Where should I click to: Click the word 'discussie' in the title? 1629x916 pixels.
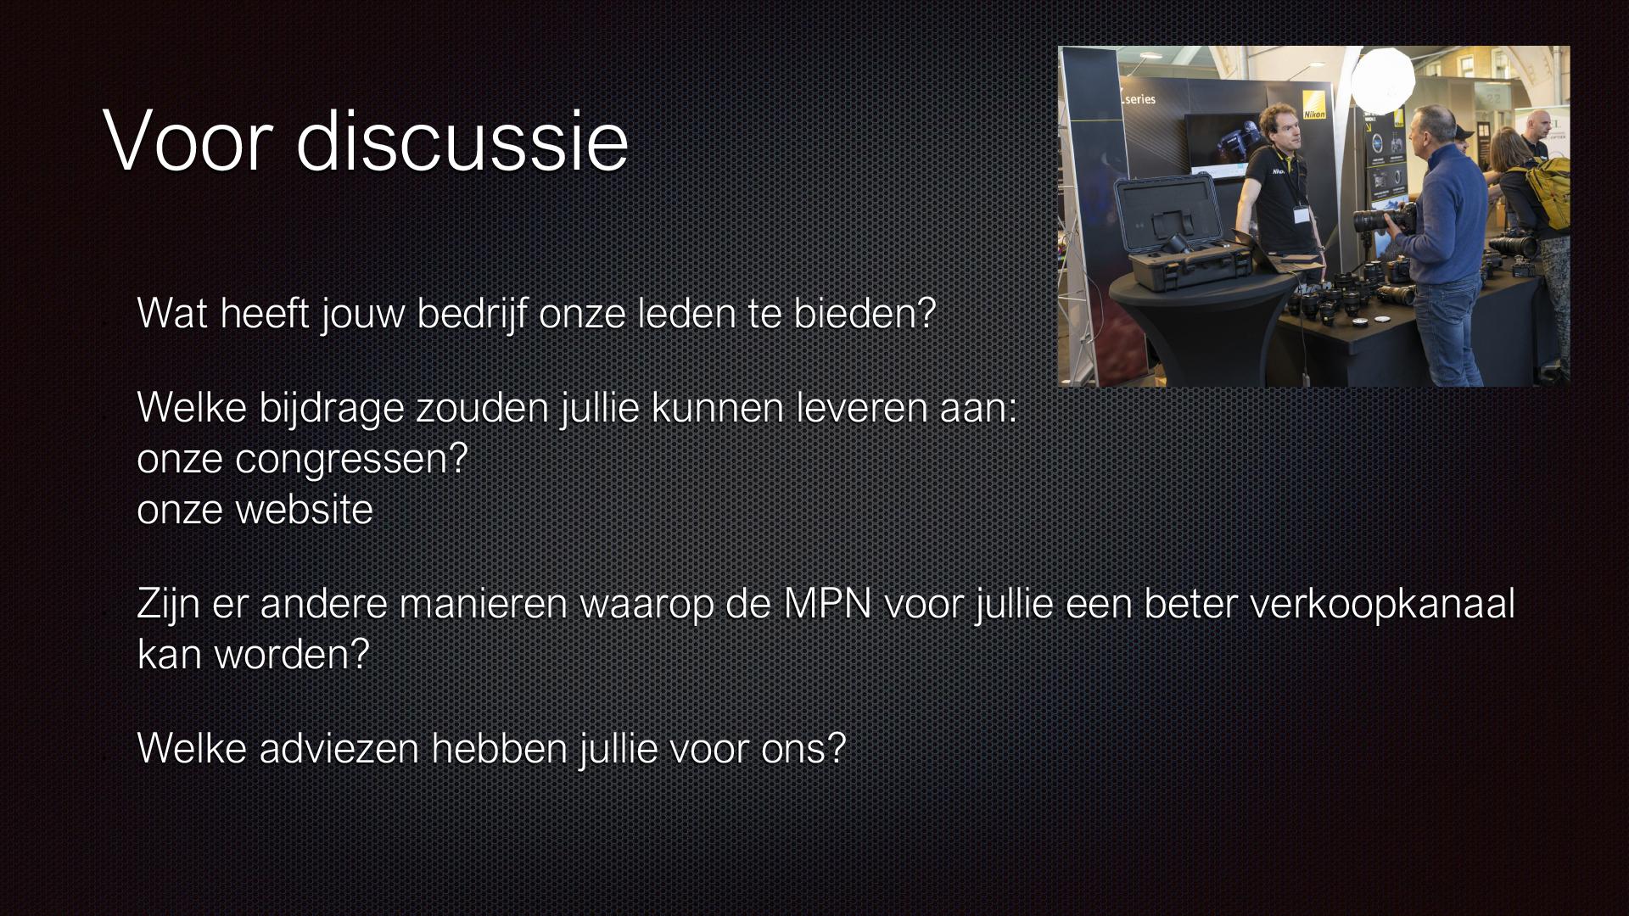(462, 141)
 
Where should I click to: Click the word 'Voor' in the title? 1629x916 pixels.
(188, 141)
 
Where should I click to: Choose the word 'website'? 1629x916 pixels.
(304, 510)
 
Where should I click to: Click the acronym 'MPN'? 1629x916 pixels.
(827, 604)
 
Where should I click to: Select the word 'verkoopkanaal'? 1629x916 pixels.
(1382, 604)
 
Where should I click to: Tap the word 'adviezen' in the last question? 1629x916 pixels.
(339, 749)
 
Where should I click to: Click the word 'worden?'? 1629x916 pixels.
(291, 655)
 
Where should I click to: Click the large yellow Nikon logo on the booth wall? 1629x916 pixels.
(1314, 103)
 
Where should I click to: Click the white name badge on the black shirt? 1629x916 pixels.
(1301, 213)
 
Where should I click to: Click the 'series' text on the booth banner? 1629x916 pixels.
(1139, 99)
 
